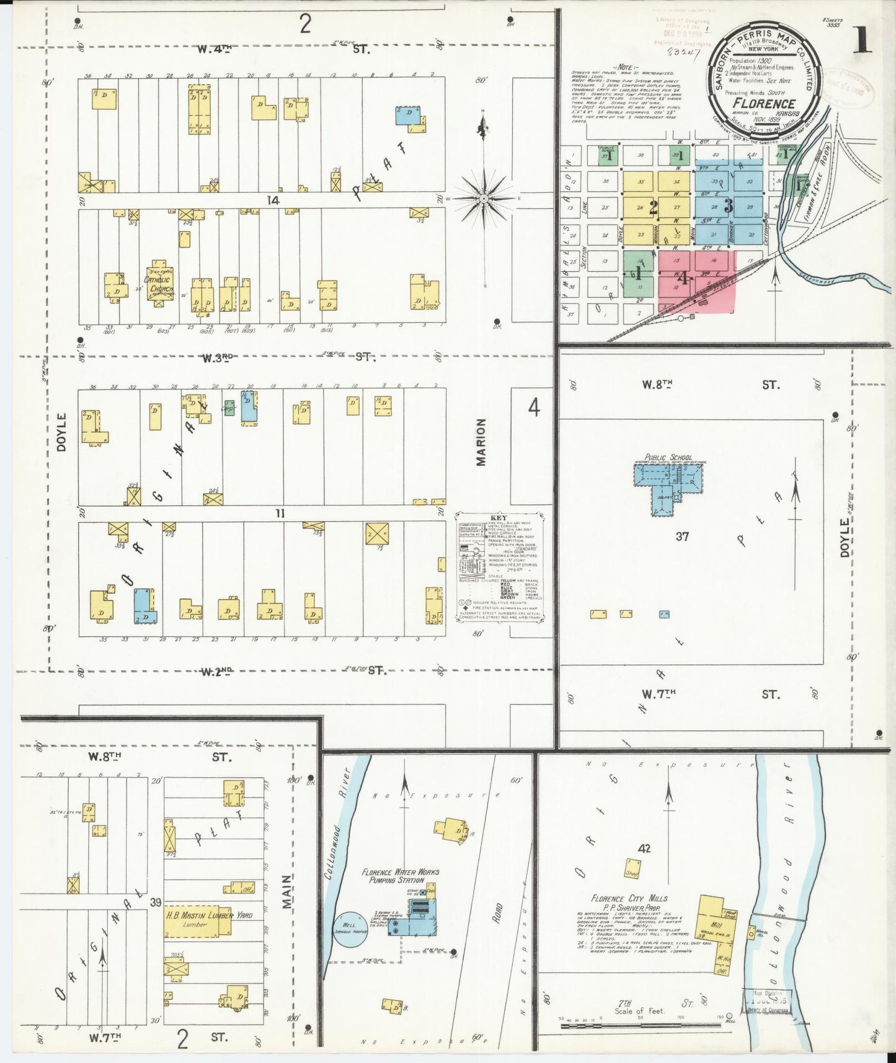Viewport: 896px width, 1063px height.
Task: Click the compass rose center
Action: pyautogui.click(x=484, y=198)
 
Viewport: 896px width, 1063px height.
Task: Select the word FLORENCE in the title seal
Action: pyautogui.click(x=763, y=103)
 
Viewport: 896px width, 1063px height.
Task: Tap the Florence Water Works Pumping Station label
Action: pyautogui.click(x=400, y=876)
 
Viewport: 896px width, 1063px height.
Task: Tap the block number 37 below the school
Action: pyautogui.click(x=682, y=536)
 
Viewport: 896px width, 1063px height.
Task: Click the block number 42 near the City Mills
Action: pyautogui.click(x=644, y=848)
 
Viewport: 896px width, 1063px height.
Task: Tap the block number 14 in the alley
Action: pyautogui.click(x=273, y=200)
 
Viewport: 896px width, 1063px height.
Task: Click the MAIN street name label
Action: pyautogui.click(x=286, y=892)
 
